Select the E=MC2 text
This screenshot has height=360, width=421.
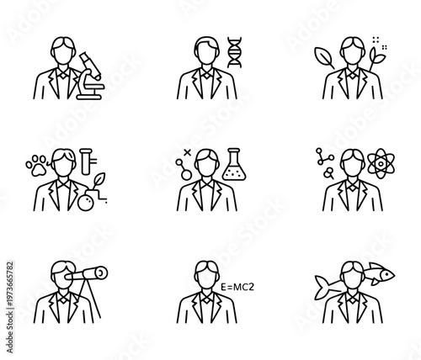[237, 288]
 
